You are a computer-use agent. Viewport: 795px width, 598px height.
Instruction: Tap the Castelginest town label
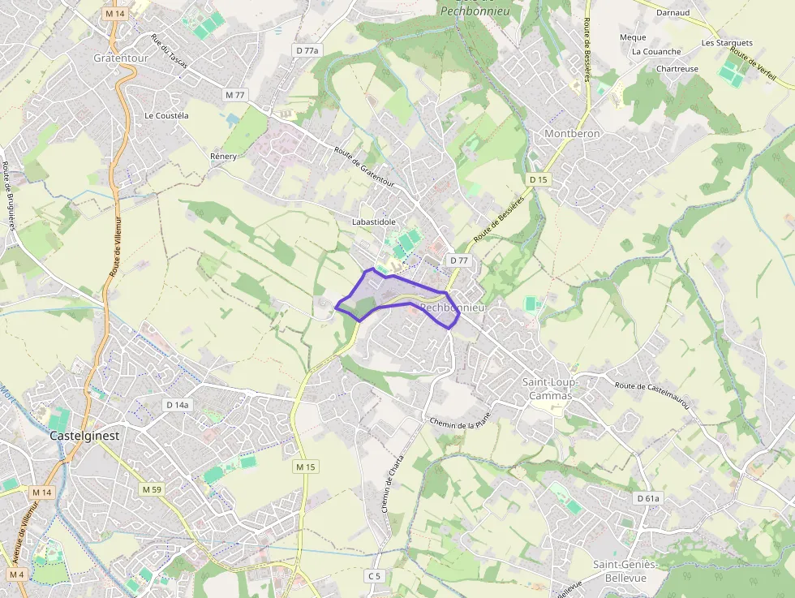84,436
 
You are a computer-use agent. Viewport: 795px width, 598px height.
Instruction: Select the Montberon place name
572,134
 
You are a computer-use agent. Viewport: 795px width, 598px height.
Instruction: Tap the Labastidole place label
374,222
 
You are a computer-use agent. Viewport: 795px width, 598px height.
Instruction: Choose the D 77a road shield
307,50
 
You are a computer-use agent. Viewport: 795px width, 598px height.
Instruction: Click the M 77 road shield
234,95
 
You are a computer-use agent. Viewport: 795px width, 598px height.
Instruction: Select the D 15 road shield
538,179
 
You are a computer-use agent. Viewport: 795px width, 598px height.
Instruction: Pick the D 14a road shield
177,405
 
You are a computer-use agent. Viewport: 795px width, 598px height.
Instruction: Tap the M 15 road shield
305,467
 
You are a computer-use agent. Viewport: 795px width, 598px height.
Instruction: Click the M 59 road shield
152,489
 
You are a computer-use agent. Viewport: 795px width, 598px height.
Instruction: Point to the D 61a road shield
649,498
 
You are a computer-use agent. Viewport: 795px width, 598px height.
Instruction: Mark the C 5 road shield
373,576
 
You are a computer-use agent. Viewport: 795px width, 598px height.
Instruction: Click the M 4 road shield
18,574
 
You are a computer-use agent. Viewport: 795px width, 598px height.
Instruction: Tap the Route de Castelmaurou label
652,395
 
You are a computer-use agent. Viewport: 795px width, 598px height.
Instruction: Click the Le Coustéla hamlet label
166,116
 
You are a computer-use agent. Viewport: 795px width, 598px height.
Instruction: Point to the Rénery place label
223,156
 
